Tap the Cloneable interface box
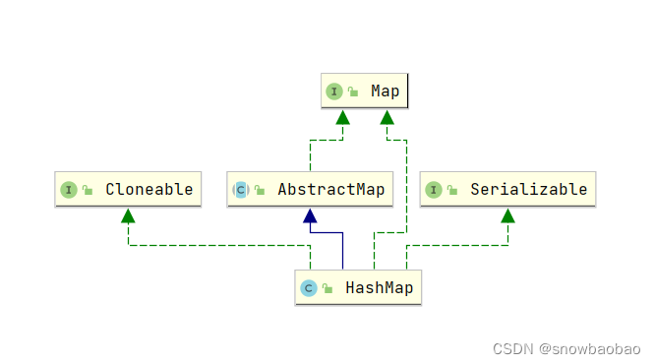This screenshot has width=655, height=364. (x=129, y=189)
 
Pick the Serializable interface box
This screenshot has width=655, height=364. (x=507, y=189)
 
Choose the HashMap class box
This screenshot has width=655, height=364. (x=358, y=287)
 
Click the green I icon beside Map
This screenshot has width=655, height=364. (x=334, y=91)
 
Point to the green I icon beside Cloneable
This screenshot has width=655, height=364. (x=69, y=190)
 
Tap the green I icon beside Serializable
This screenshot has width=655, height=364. (x=434, y=190)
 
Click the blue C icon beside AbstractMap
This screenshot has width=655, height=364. (x=241, y=190)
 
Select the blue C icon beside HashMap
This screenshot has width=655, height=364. (x=308, y=288)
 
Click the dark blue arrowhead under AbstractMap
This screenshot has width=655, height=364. (x=310, y=215)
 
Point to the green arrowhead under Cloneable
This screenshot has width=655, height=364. (x=129, y=215)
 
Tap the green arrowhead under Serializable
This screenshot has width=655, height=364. (x=507, y=215)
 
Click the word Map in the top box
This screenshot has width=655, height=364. (x=385, y=91)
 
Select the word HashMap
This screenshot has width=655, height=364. (x=379, y=288)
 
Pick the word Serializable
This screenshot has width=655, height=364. (x=528, y=189)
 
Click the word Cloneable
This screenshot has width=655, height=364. (x=149, y=189)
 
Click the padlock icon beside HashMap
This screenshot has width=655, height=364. (x=327, y=289)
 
